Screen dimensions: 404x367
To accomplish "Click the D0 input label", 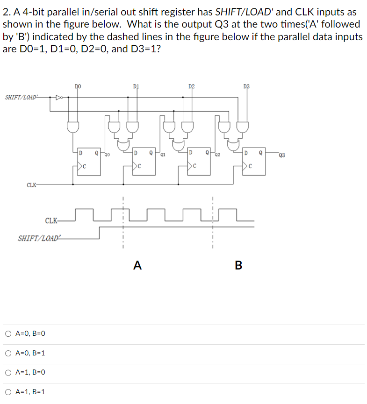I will [78, 86].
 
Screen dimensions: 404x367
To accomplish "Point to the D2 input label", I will [191, 86].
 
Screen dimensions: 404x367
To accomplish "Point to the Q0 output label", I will [108, 154].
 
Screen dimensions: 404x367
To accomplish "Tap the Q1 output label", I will [163, 154].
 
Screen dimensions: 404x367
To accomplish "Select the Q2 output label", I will [218, 154].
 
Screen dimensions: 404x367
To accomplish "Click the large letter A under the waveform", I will [137, 266].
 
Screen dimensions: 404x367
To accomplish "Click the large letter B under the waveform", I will [238, 266].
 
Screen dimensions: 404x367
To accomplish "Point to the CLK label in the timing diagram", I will [51, 220].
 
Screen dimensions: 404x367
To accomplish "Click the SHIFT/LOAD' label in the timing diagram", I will [39, 238].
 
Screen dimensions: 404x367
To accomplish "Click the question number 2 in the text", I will [5, 12].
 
